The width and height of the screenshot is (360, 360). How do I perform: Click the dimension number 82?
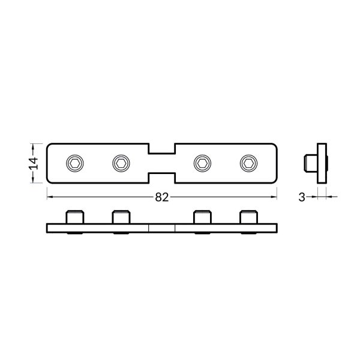pos(161,196)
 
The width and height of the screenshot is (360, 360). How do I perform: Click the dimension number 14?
pos(34,163)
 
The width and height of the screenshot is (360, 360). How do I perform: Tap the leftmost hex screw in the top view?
pos(74,163)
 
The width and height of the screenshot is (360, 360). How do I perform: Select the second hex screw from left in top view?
pos(121,163)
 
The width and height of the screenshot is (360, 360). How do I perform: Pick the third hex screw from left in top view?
pos(203,163)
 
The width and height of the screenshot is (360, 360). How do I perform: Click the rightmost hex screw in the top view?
pos(248,163)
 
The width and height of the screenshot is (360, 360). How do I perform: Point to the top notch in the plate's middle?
pos(161,148)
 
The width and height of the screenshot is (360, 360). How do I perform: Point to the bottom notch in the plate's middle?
pos(161,177)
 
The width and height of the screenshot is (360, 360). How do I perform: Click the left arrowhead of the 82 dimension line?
pos(49,196)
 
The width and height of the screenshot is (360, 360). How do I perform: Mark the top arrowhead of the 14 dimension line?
pos(34,145)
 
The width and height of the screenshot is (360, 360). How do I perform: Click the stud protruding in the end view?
pos(310,162)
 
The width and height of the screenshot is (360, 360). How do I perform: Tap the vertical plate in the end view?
pos(322,162)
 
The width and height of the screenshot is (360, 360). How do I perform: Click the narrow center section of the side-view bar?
pos(161,228)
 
